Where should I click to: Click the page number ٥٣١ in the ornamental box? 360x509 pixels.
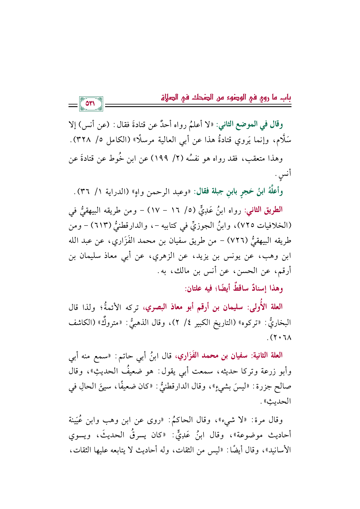91,103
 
